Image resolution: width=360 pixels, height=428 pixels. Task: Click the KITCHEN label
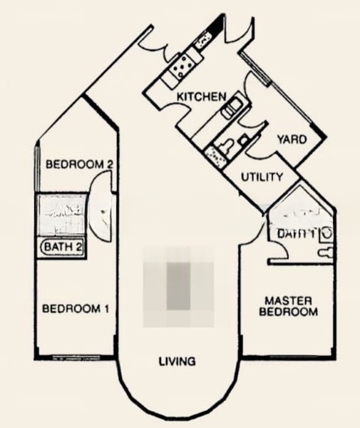tap(202, 96)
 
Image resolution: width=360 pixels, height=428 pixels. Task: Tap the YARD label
tap(292, 139)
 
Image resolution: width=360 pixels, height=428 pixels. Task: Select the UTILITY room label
tap(262, 177)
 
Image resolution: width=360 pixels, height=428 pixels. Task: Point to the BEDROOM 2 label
tap(80, 165)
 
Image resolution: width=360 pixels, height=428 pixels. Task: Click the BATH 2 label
tap(63, 248)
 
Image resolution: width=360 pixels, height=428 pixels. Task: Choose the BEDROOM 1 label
tap(76, 309)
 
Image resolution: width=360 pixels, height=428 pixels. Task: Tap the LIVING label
tap(177, 362)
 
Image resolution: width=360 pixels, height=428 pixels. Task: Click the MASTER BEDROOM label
tap(288, 306)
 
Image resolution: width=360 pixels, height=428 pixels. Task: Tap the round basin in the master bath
tap(326, 233)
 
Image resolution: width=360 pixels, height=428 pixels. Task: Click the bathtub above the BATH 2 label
tap(63, 214)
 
